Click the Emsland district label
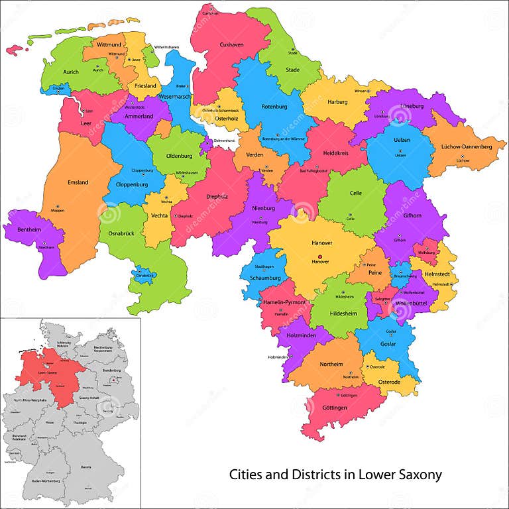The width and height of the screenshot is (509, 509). tap(78, 182)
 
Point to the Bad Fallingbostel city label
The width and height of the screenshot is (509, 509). tap(313, 171)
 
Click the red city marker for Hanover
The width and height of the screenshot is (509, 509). tap(320, 256)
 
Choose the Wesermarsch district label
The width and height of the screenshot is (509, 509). tap(174, 97)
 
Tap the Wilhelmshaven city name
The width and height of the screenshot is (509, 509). tap(167, 48)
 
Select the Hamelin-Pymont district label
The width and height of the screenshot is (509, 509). tap(284, 302)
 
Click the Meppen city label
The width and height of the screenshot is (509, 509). tap(58, 210)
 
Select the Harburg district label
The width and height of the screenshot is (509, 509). tap(337, 103)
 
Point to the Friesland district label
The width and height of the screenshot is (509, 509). tap(145, 86)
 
